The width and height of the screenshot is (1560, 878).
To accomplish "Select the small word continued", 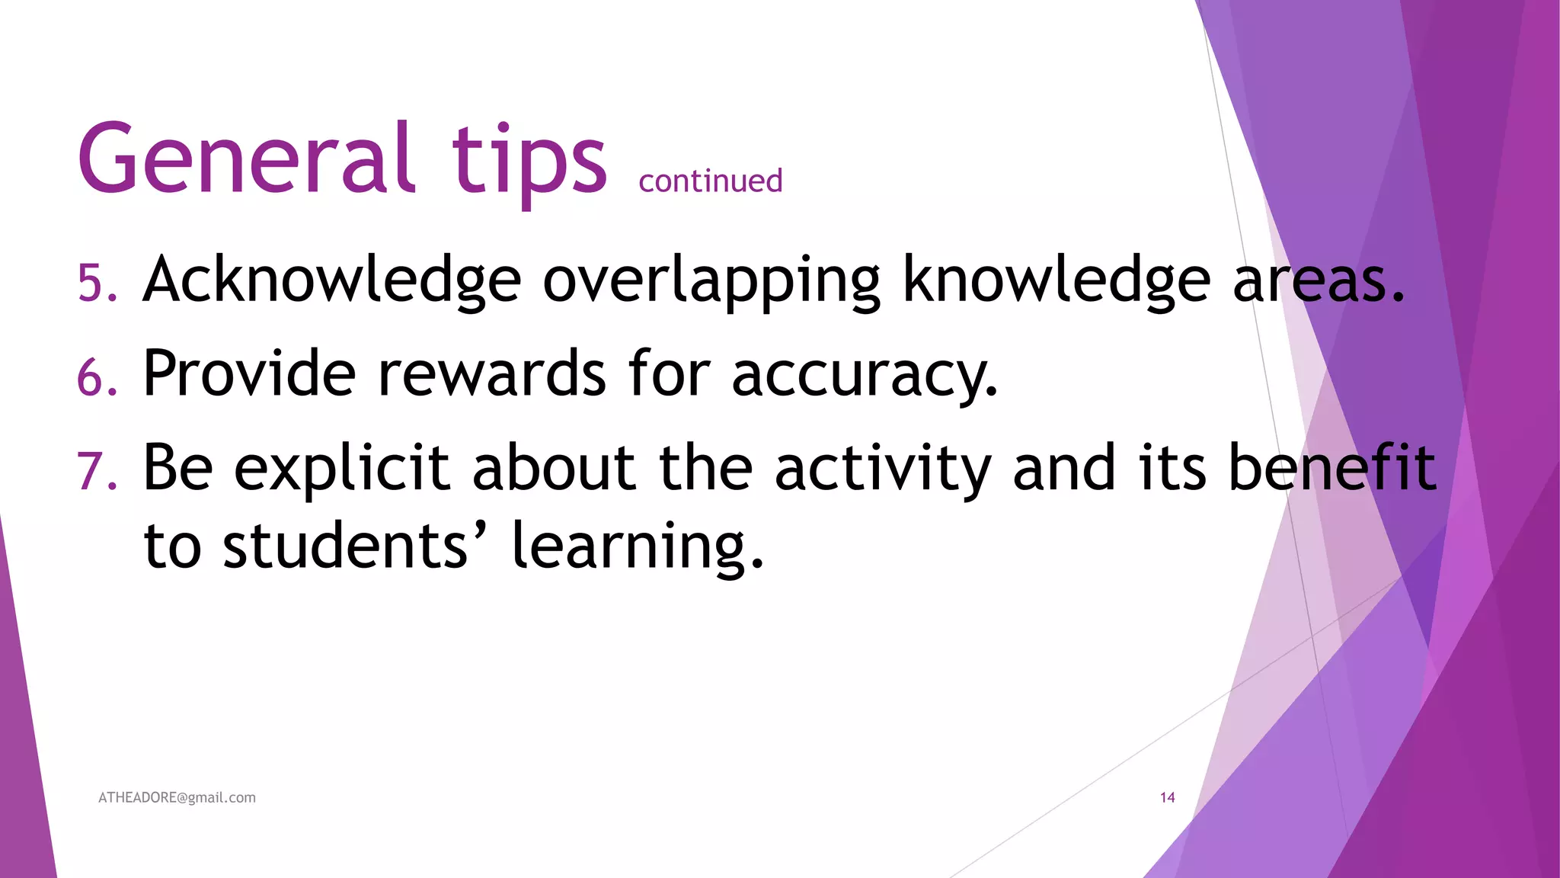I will click(x=710, y=181).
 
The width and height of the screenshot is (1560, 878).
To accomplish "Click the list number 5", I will click(x=97, y=283).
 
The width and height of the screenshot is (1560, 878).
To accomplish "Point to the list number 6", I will click(x=97, y=377).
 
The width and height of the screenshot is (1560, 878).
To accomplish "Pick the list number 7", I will click(x=97, y=470).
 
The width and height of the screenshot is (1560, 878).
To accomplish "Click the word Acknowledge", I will click(x=332, y=280).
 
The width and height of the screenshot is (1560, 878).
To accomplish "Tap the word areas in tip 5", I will click(x=1317, y=280).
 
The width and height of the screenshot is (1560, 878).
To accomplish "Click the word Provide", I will click(x=249, y=373).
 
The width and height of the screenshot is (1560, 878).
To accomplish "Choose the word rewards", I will click(x=491, y=373).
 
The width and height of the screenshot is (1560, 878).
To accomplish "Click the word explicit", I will click(x=341, y=468).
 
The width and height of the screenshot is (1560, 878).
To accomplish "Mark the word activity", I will click(x=883, y=468).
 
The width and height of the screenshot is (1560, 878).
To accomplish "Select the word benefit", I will click(x=1332, y=466).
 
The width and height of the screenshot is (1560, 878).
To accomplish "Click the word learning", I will click(x=637, y=547).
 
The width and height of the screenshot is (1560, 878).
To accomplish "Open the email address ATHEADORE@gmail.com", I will click(x=177, y=798).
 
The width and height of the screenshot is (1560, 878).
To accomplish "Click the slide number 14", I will click(x=1167, y=798).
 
